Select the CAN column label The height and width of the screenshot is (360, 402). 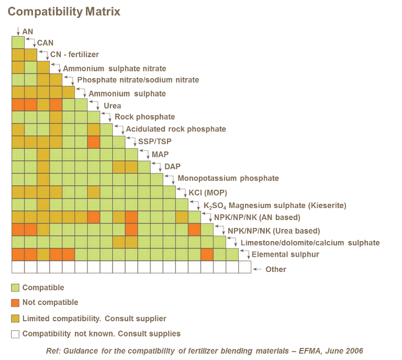[45, 42]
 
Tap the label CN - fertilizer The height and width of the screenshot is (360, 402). [74, 54]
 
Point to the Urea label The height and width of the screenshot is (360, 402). [112, 105]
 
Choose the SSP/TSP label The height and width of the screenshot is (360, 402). [154, 141]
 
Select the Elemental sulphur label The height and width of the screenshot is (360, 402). [285, 255]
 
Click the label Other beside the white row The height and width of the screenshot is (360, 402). [275, 269]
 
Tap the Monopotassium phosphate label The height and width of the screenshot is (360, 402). [228, 178]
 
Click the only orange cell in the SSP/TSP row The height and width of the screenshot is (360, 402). [94, 141]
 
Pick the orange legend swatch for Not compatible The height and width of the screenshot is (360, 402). [16, 302]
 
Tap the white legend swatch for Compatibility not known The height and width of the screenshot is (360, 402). [16, 334]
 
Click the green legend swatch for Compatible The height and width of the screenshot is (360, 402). [16, 288]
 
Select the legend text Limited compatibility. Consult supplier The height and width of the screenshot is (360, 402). [94, 319]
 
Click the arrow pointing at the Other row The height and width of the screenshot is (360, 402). [256, 269]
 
